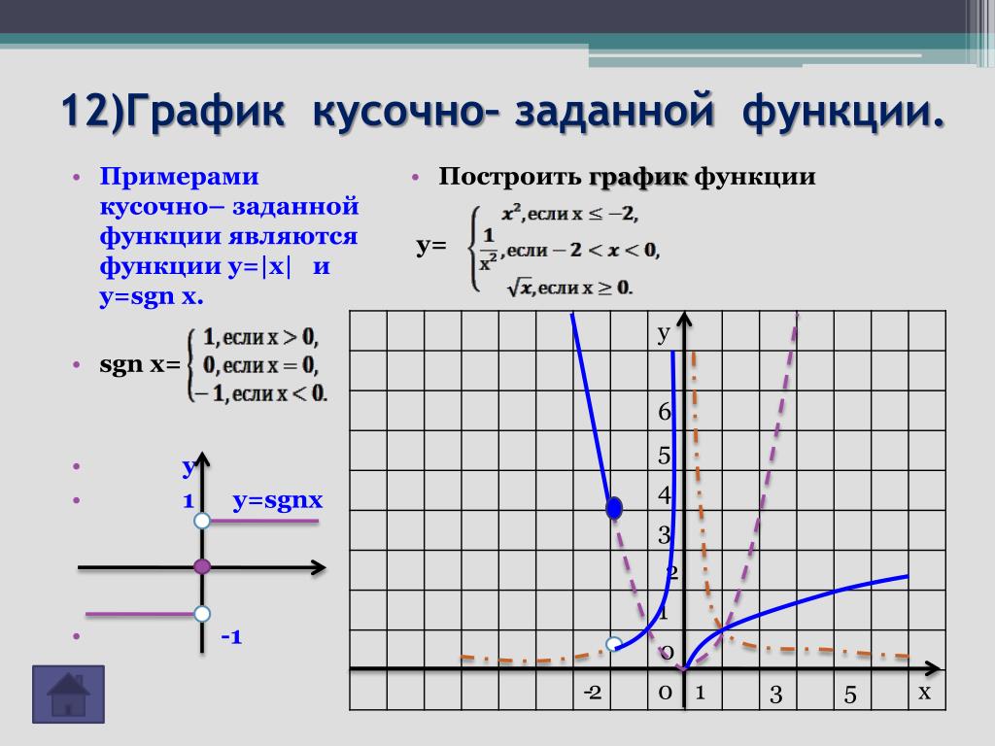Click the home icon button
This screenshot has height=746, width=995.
[x=69, y=694]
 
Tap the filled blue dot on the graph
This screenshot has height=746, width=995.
[x=614, y=508]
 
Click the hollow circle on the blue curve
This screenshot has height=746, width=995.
[x=614, y=645]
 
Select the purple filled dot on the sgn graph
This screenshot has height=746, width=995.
[x=202, y=566]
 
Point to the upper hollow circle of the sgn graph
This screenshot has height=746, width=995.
[x=202, y=521]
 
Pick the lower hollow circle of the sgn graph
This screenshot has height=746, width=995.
[x=202, y=614]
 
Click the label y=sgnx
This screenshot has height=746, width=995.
[x=278, y=500]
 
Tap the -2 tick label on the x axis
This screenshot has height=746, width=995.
[x=593, y=692]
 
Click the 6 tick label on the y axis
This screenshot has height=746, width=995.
[x=665, y=412]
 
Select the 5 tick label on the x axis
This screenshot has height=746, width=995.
[x=850, y=695]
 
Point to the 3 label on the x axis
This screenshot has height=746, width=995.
[x=775, y=695]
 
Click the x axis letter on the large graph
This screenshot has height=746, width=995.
[x=925, y=692]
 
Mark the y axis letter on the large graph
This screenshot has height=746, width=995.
[x=664, y=333]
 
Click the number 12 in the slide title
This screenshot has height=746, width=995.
[x=86, y=110]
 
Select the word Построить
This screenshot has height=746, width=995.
[x=509, y=177]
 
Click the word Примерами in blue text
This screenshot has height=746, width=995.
[x=179, y=177]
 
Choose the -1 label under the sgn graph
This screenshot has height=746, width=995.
[x=231, y=636]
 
